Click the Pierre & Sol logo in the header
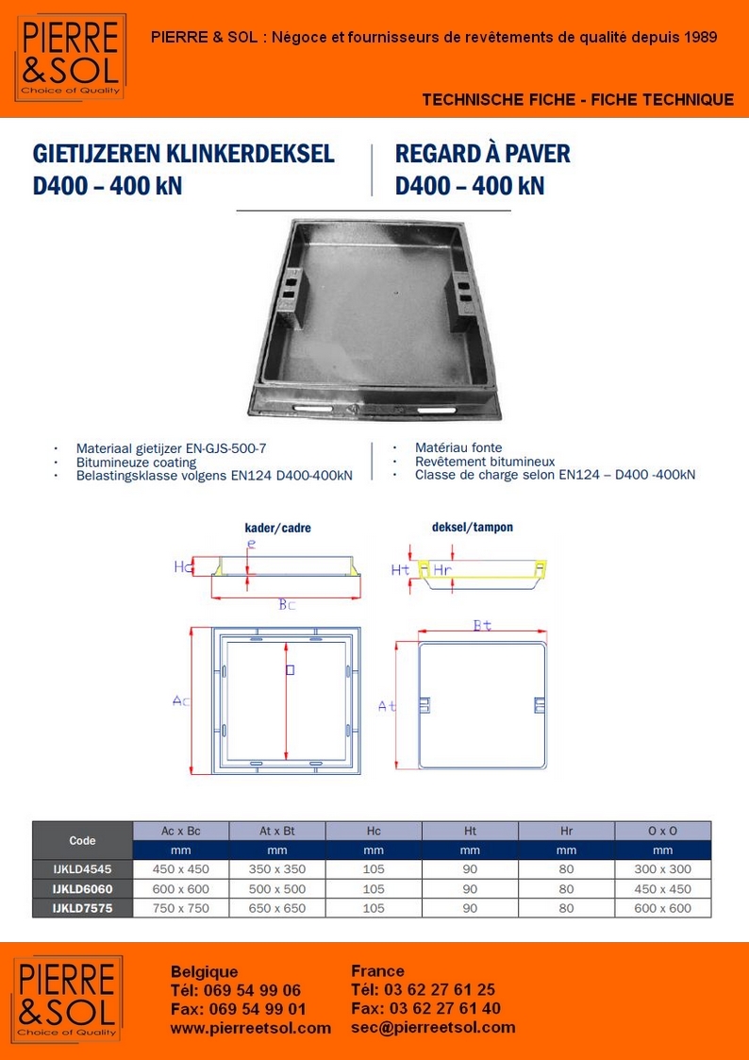[x=70, y=57]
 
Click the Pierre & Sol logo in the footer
[x=67, y=998]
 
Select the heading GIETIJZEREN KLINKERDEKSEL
[x=183, y=154]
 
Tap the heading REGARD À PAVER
[x=482, y=154]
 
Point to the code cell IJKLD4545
[x=83, y=869]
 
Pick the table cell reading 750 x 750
[x=180, y=908]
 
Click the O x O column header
[x=662, y=831]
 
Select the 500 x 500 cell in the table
[x=277, y=889]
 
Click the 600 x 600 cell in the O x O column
[x=662, y=908]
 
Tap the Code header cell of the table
[x=83, y=840]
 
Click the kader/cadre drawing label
[x=277, y=529]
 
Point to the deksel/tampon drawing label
[x=472, y=528]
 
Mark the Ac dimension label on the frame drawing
[x=181, y=700]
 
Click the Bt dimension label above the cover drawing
[x=481, y=625]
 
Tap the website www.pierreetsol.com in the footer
[x=250, y=1028]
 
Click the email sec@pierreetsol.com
[x=433, y=1028]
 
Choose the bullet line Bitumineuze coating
[x=137, y=463]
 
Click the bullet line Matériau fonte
[x=458, y=447]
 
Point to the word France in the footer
[x=377, y=971]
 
